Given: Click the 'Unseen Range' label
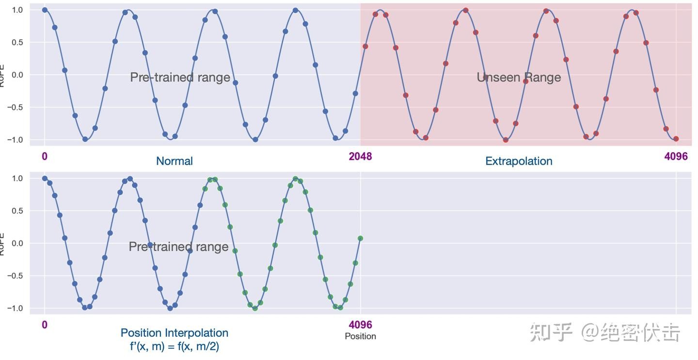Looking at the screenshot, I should pos(519,78).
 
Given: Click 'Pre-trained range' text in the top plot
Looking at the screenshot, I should pos(180,78).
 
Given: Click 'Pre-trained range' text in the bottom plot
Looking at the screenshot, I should pos(178,247).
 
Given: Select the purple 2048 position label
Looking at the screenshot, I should pos(360,157).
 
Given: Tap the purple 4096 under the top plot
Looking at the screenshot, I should pos(676,157).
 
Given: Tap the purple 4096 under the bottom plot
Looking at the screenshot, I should pos(360,325).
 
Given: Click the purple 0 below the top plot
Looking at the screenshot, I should pos(45,157).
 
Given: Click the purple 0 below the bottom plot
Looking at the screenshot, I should pos(45,325).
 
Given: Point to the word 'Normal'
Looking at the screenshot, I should pos(174,161).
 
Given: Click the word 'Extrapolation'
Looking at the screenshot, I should pos(519,161).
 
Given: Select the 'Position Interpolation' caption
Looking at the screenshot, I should pos(174,333).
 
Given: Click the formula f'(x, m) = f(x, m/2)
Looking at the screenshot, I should pos(174,346).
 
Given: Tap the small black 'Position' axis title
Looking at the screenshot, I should pos(360,336).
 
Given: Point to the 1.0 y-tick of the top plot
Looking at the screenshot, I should pos(17,10).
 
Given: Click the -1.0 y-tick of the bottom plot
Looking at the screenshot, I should pos(16,308).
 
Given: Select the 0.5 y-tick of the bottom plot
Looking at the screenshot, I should pos(17,211).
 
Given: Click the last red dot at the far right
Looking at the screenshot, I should pos(676,139).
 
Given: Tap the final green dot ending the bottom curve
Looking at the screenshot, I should pos(360,238).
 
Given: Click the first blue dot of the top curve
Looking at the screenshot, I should pos(45,10).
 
